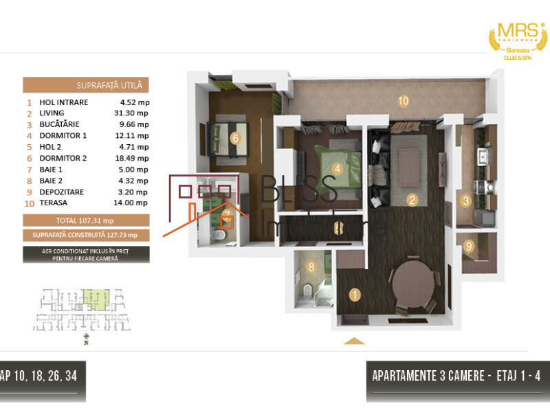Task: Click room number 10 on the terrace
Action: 404,101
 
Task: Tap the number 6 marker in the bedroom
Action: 235,138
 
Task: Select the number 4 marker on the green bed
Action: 338,168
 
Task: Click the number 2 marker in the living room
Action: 412,201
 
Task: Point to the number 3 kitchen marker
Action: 465,201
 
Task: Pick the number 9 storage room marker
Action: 469,246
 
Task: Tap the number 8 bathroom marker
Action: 311,267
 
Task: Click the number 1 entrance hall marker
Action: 355,295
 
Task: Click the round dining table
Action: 412,282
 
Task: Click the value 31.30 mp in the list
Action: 134,113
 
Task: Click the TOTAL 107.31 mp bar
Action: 86,220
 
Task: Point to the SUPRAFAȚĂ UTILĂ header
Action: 86,85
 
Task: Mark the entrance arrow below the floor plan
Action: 354,341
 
